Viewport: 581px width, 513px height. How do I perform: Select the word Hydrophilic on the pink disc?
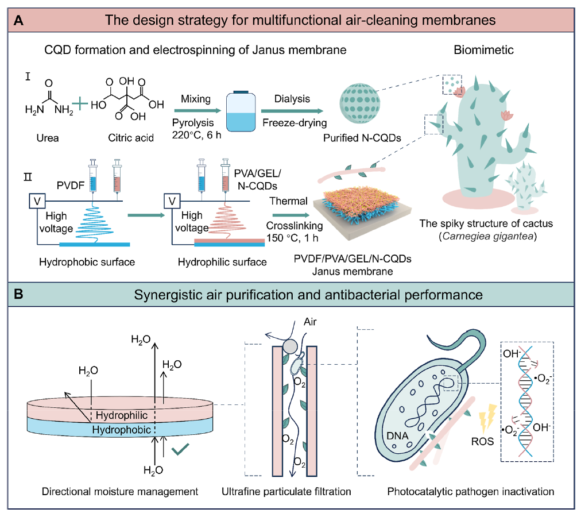122,415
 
